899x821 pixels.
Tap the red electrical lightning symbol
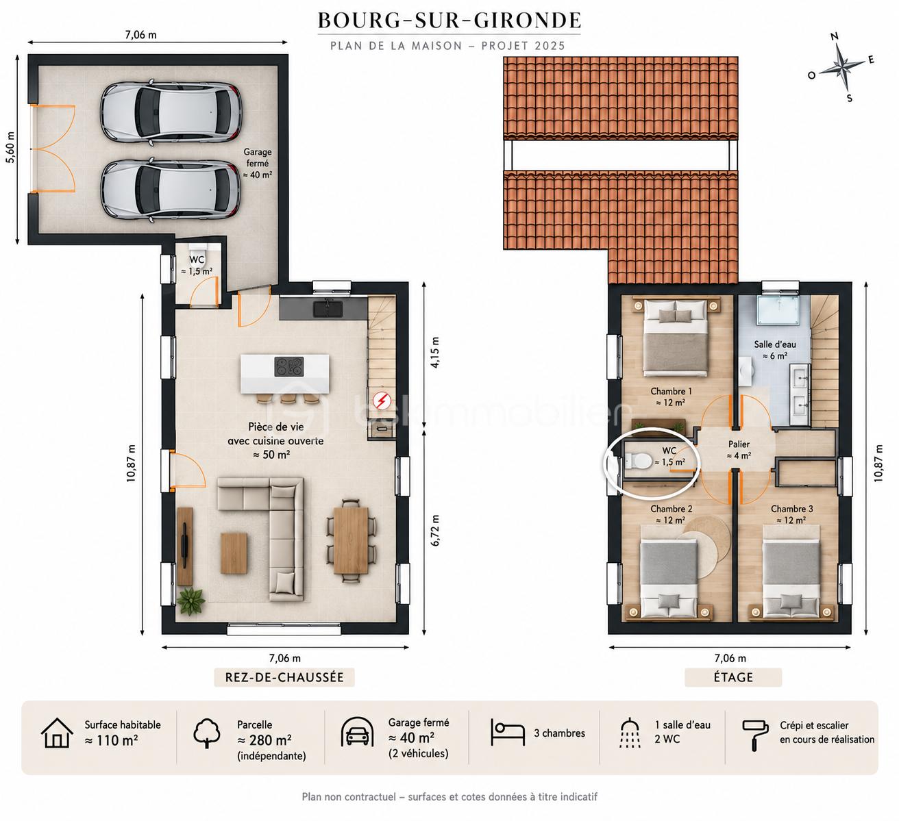(x=382, y=401)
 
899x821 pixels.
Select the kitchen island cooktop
(x=288, y=367)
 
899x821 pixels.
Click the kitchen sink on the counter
(x=328, y=309)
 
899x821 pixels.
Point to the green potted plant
(x=191, y=601)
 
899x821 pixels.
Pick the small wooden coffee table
(x=234, y=552)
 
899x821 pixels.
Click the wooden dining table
(x=351, y=540)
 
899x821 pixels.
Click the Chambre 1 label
(x=671, y=397)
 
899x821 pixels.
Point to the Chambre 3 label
(x=791, y=514)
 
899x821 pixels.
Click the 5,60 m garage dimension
(x=10, y=147)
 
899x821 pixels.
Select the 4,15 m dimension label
(x=434, y=352)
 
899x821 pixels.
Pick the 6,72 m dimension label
(x=434, y=530)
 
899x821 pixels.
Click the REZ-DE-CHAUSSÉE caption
(x=284, y=677)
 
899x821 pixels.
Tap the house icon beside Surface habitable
(x=57, y=733)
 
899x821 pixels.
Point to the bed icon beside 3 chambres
(x=507, y=733)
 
